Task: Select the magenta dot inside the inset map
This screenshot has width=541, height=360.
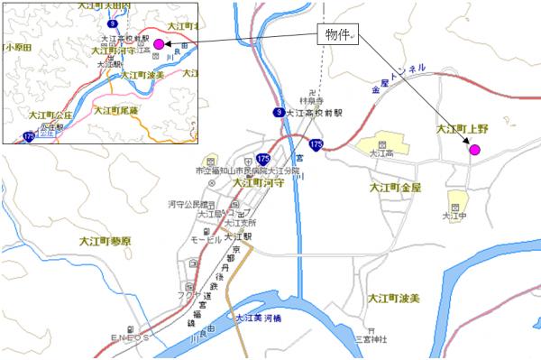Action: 159,43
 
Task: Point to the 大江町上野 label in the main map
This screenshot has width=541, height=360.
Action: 462,129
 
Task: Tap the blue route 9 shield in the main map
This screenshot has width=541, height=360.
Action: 280,112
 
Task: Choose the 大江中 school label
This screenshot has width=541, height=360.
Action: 454,216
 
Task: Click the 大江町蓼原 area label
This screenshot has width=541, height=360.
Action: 105,242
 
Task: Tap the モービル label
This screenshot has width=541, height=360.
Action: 206,239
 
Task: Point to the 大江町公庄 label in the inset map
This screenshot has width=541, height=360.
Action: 50,116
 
